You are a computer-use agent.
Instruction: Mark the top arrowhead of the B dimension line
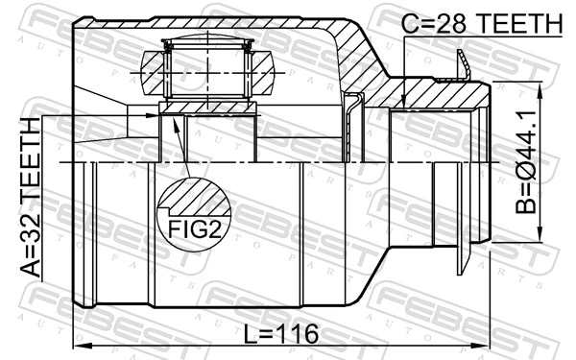[x=541, y=87]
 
